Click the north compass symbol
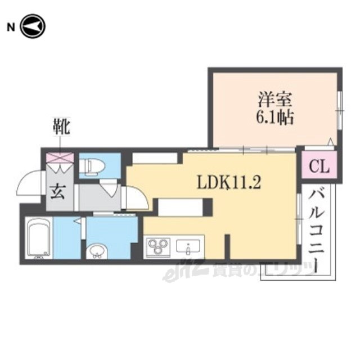tap(33, 26)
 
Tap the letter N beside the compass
tap(11, 28)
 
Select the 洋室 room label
tap(274, 100)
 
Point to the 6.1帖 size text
tap(274, 118)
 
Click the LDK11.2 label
tap(229, 183)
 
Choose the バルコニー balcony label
tap(316, 231)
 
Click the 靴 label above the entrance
tap(61, 126)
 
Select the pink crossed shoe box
tap(60, 157)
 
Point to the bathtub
tap(39, 238)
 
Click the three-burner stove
tap(159, 246)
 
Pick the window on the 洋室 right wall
tap(340, 111)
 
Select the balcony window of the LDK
tap(299, 219)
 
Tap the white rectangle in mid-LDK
tap(181, 208)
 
